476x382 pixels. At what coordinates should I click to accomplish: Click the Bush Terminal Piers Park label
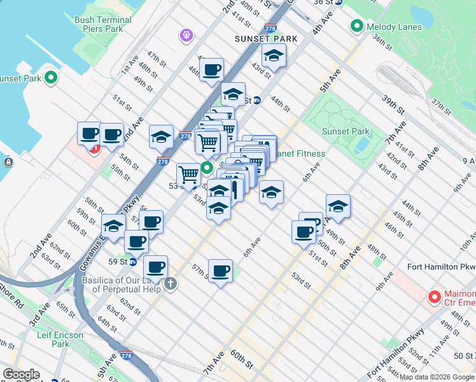[103, 24]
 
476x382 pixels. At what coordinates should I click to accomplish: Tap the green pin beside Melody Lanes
[356, 26]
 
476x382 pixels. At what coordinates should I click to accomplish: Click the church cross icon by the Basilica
[170, 283]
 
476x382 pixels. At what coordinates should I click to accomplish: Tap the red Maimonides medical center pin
[435, 297]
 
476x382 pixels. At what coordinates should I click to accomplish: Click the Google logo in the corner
[21, 374]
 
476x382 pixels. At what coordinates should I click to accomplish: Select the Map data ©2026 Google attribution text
[437, 377]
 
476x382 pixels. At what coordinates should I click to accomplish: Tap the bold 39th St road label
[393, 101]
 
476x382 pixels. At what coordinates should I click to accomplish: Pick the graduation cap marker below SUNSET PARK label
[274, 56]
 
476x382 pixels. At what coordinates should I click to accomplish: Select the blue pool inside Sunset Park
[361, 146]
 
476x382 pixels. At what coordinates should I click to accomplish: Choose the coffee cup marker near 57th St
[220, 271]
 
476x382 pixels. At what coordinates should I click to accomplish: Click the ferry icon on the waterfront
[8, 162]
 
